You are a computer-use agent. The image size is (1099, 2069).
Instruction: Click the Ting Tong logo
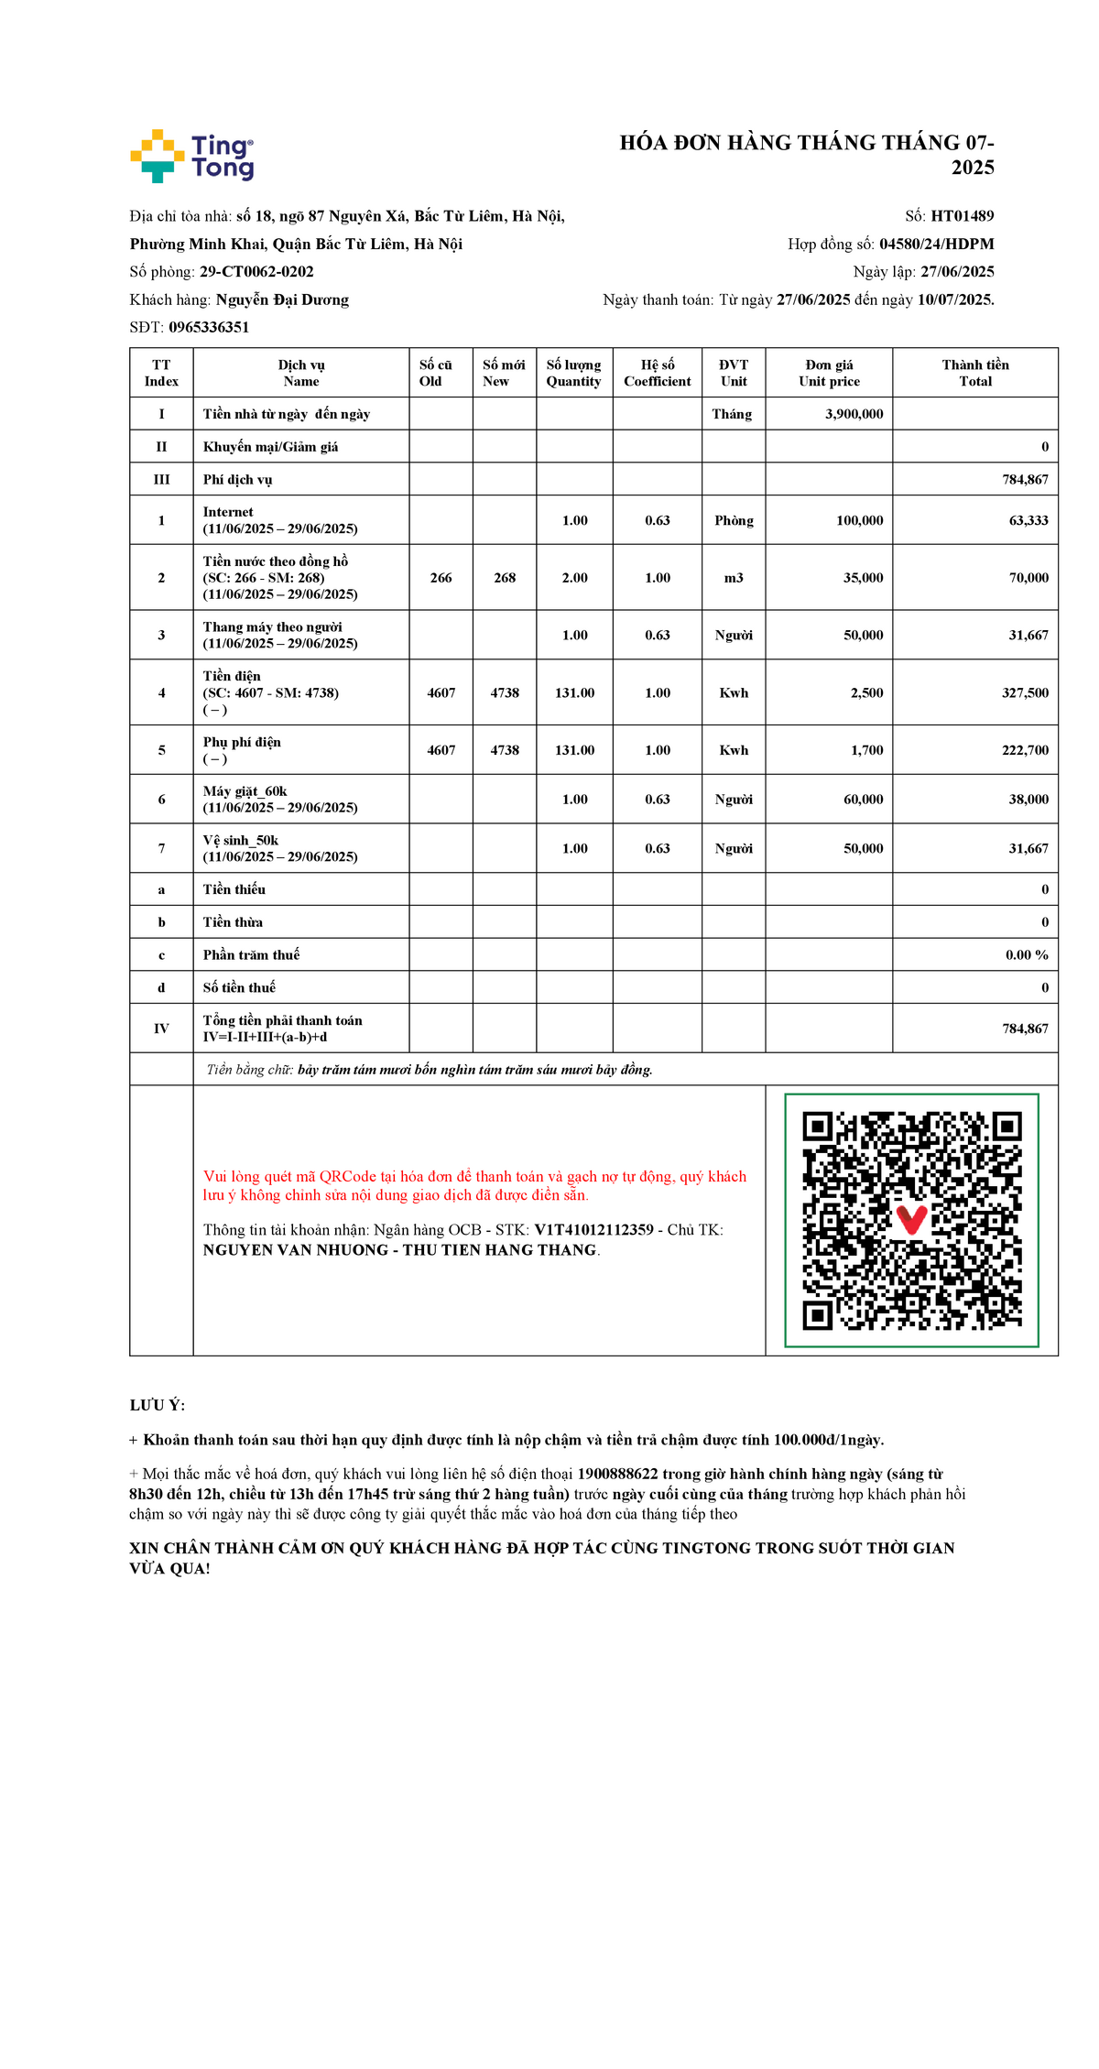(x=192, y=156)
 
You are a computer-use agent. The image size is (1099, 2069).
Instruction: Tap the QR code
(x=911, y=1220)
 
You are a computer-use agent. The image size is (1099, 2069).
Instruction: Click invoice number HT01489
(x=962, y=216)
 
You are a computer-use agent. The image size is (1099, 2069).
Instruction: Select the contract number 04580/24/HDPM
(x=936, y=244)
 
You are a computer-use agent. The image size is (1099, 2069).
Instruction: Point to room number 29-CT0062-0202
(x=256, y=272)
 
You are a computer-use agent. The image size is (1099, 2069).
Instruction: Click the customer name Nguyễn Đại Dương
(x=282, y=299)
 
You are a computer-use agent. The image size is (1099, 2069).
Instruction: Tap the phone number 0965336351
(x=209, y=327)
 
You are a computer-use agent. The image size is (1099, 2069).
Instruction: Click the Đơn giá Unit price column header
(x=829, y=373)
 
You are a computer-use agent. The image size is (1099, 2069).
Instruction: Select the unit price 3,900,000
(x=854, y=414)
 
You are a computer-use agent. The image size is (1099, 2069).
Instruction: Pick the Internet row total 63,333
(x=1028, y=520)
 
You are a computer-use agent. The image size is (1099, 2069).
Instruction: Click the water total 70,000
(x=1028, y=578)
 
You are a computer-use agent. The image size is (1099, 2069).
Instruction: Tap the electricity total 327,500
(x=1025, y=693)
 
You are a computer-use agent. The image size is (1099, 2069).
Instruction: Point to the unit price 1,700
(x=866, y=750)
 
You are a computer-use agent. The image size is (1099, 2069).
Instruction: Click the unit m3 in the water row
(x=734, y=578)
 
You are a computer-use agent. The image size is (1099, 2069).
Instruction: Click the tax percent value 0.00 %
(x=1027, y=954)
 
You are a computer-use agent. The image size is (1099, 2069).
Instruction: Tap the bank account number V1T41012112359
(x=593, y=1230)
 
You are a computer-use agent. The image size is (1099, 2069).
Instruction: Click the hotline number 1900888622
(x=617, y=1474)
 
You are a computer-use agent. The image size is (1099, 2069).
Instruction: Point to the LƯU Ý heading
(x=158, y=1405)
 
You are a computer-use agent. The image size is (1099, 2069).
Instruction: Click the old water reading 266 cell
(x=441, y=578)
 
